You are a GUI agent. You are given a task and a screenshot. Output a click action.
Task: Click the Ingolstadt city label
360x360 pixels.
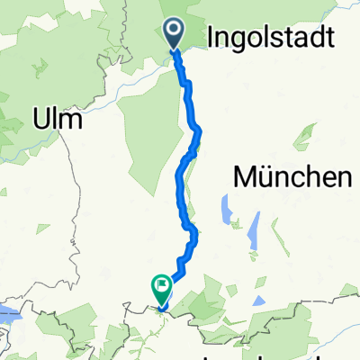tap(273, 38)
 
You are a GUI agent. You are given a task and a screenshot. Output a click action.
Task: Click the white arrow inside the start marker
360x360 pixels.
tap(175, 33)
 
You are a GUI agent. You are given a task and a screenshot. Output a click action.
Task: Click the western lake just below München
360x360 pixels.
tap(222, 211)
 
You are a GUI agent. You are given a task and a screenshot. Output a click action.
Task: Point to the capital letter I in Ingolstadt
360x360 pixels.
tap(211, 38)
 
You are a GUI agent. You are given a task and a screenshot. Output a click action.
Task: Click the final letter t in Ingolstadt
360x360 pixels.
tap(329, 38)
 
